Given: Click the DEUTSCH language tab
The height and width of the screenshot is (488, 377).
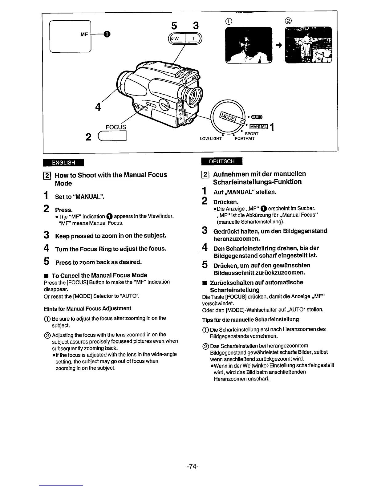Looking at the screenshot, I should click(222, 161).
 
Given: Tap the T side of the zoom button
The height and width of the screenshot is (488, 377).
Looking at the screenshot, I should click(193, 39).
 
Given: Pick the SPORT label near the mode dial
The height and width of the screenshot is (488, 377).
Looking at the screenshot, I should click(252, 134).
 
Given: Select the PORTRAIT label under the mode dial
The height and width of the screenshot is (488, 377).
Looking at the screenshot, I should click(245, 139).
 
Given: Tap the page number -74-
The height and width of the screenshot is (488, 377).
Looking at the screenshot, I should click(193, 467).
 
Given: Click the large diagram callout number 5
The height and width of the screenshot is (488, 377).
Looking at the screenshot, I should click(174, 26).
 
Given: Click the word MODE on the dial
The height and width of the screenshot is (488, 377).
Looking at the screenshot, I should click(227, 117).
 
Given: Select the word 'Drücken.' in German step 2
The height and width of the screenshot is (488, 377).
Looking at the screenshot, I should click(226, 202).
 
